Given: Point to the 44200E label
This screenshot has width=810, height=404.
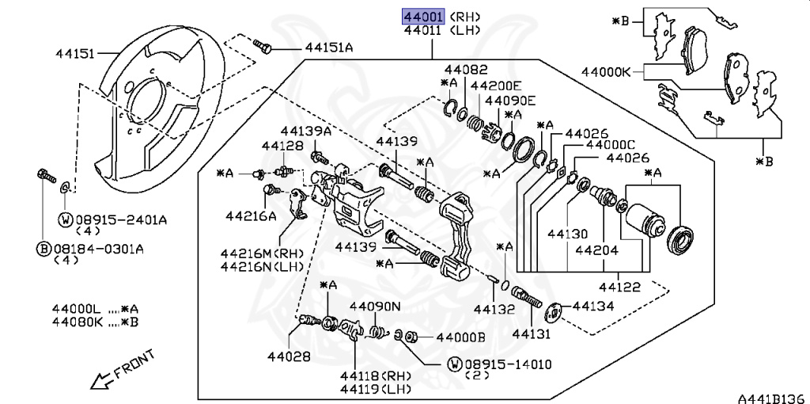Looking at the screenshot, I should pos(496,86).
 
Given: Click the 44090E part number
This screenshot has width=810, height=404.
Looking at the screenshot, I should pos(510,101).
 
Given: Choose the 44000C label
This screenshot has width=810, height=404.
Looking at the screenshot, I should pos(610,146).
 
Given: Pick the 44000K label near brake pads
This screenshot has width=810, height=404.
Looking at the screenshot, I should pos(606,71).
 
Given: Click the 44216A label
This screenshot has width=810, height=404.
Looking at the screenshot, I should pos(251,215).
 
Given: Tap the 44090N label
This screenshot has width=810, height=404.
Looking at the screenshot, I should pos(375,306).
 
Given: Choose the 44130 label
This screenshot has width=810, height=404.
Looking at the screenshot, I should pos(566,234).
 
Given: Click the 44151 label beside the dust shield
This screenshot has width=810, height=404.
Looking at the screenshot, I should pos(75,54).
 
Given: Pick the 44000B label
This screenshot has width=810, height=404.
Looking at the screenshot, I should pos(460,337).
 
